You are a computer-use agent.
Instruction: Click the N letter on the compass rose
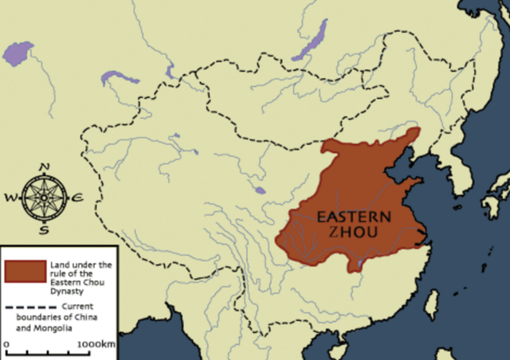[45, 167]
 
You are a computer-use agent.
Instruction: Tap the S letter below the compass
[45, 231]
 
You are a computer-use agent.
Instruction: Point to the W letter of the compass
[11, 198]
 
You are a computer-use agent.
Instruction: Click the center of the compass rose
[44, 198]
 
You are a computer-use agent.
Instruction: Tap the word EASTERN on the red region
[354, 216]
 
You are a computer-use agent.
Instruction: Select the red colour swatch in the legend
[23, 270]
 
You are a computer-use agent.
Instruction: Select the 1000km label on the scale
[96, 343]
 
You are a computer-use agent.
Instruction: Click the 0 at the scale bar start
[6, 343]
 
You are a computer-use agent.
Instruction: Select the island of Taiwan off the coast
[431, 303]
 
